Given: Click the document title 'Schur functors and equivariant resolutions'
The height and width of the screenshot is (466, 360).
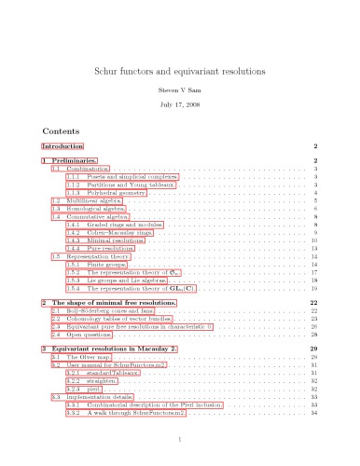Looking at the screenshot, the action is click(x=180, y=71).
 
